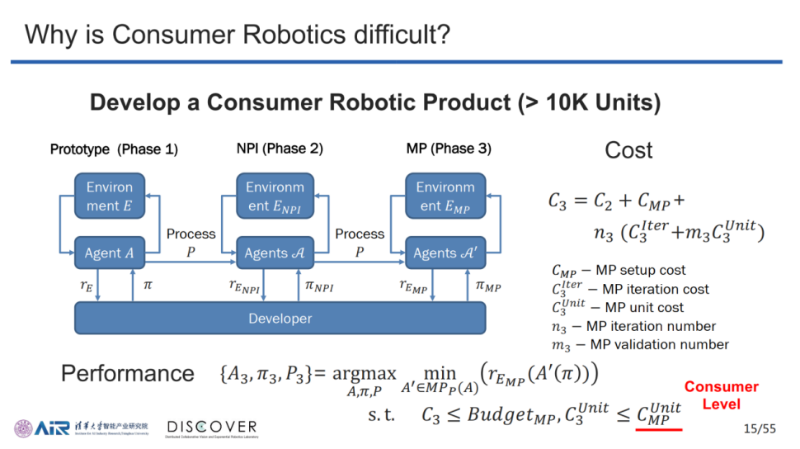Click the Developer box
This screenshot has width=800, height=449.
[280, 319]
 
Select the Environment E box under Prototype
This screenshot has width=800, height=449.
[109, 196]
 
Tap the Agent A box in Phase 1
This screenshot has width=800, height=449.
[109, 253]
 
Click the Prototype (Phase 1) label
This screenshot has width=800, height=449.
[114, 149]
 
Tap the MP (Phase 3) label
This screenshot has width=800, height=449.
[449, 149]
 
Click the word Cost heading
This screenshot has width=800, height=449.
[628, 150]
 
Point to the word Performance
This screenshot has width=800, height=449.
[128, 373]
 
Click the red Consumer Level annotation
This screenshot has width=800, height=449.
[721, 395]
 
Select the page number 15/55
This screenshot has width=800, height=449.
[760, 428]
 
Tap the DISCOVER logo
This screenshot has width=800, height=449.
[212, 428]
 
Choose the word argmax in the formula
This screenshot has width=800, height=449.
[365, 374]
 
